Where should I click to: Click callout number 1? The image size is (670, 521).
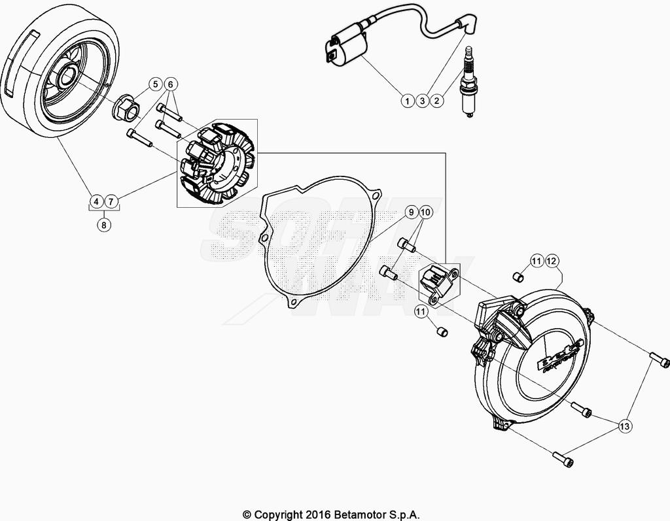[407, 101]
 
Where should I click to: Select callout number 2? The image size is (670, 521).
[438, 101]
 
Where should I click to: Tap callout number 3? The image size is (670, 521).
[422, 101]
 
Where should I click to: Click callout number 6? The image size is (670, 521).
[170, 84]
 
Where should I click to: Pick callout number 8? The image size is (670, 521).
[103, 225]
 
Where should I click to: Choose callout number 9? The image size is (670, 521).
[410, 212]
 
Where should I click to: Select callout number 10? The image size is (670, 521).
[425, 212]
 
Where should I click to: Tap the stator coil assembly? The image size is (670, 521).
[215, 163]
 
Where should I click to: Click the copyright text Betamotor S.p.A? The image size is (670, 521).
[331, 514]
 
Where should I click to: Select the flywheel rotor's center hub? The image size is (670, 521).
[67, 79]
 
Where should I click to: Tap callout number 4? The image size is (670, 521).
[96, 201]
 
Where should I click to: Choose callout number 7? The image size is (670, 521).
[111, 201]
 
